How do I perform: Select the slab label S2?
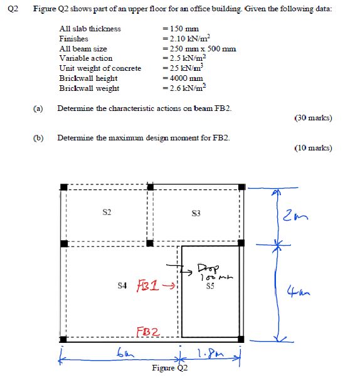coord(107,213)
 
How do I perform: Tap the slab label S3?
coord(196,214)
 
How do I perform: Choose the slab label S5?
coord(210,286)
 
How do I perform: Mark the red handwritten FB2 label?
coord(148,331)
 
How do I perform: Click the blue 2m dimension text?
coord(294,216)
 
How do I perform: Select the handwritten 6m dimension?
coord(124,354)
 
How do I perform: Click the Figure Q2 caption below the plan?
coord(170,369)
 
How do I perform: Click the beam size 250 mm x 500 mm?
coord(199,48)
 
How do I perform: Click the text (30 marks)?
coord(312,117)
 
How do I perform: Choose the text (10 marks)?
coord(312,148)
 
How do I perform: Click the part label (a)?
coord(38,108)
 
